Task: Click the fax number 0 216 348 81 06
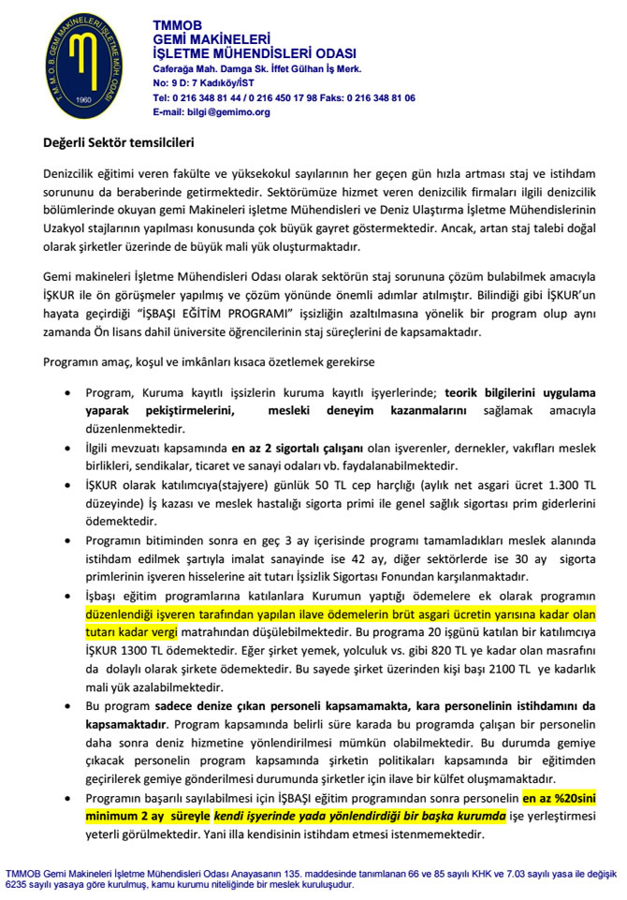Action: (x=377, y=97)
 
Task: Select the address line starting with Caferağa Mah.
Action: (x=257, y=69)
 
